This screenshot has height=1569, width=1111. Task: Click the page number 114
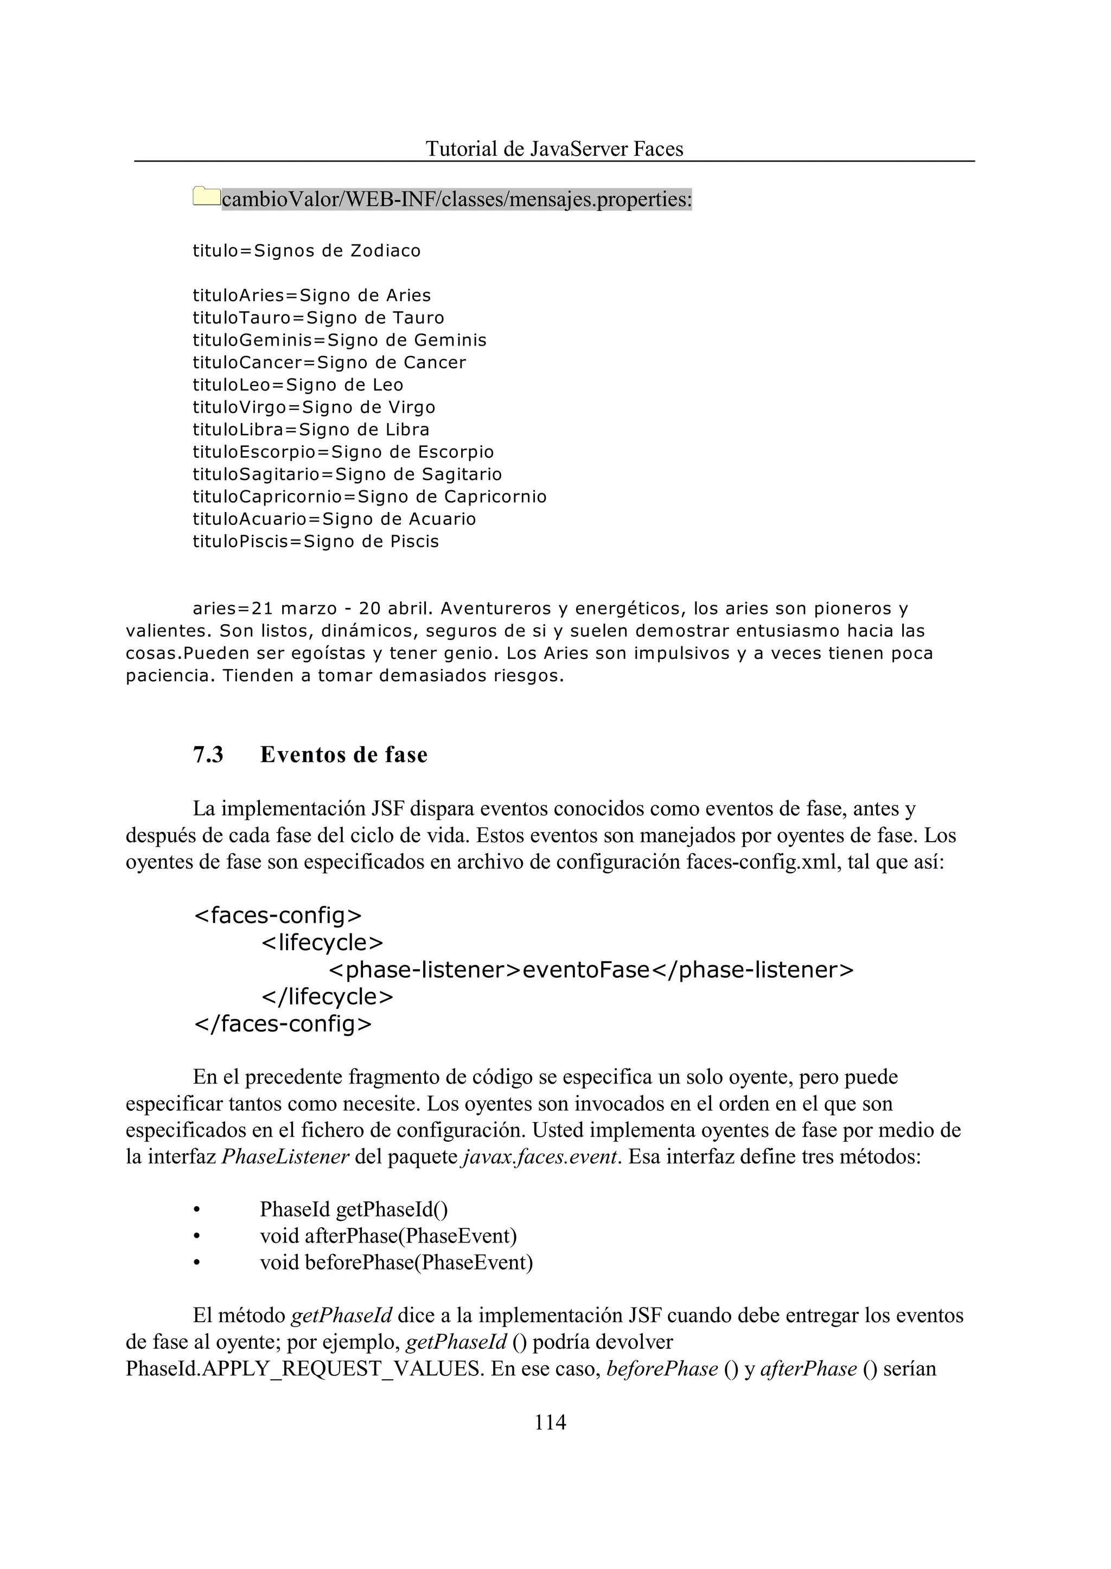[550, 1422]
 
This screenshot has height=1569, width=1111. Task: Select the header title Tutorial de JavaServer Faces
[554, 149]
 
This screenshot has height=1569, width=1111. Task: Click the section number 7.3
[208, 754]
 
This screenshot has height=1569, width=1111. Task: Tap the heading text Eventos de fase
[343, 754]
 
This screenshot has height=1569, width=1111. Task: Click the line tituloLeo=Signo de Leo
[298, 385]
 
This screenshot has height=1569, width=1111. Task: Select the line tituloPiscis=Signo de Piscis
[315, 541]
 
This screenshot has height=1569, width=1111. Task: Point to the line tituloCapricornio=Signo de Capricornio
[369, 497]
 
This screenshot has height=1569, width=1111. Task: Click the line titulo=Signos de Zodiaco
[307, 251]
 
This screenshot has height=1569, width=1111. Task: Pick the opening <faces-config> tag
[278, 914]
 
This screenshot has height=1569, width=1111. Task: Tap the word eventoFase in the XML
[585, 969]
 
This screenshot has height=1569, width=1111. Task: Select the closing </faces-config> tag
[283, 1024]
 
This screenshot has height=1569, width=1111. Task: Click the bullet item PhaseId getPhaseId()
[354, 1209]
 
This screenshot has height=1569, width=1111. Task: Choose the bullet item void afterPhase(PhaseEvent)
[388, 1236]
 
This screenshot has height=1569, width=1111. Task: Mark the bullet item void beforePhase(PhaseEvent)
[396, 1263]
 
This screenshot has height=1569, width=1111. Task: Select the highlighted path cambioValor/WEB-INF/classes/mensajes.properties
[456, 199]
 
